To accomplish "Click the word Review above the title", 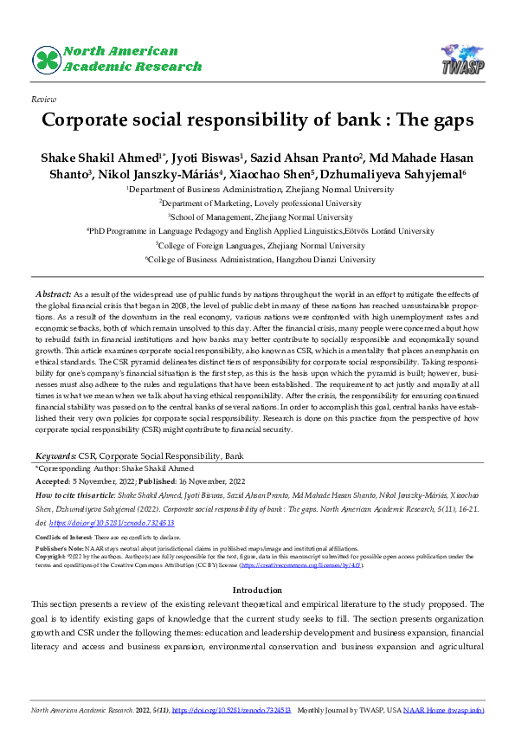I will click(x=43, y=100).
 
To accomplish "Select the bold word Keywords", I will click(x=55, y=455).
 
